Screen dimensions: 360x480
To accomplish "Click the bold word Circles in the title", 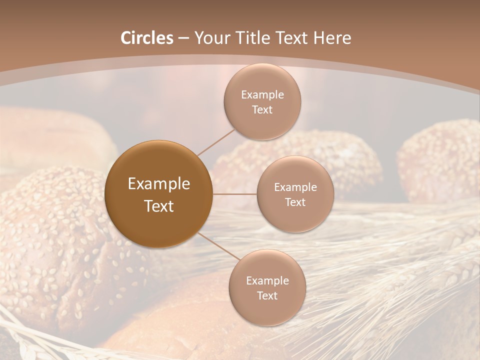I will coord(147,38).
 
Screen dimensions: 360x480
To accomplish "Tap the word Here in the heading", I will coord(332,38).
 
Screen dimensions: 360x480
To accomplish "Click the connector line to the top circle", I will coord(216,142).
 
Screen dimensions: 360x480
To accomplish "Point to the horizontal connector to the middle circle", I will coord(234,194).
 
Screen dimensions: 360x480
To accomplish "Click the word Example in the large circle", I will coord(159,184).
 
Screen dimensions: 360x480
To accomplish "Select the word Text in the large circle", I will coord(159,206).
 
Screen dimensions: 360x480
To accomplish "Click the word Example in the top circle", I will coord(262,95).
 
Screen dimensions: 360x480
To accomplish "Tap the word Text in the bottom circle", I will coord(267,295).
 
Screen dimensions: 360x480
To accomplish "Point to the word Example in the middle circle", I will coord(295,187).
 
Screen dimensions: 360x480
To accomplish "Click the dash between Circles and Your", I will coord(183,38).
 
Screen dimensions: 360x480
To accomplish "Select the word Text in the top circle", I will coord(262,110).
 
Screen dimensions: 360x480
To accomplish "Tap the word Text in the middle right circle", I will coord(295,202).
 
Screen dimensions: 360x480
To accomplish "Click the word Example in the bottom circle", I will coord(267,281).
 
